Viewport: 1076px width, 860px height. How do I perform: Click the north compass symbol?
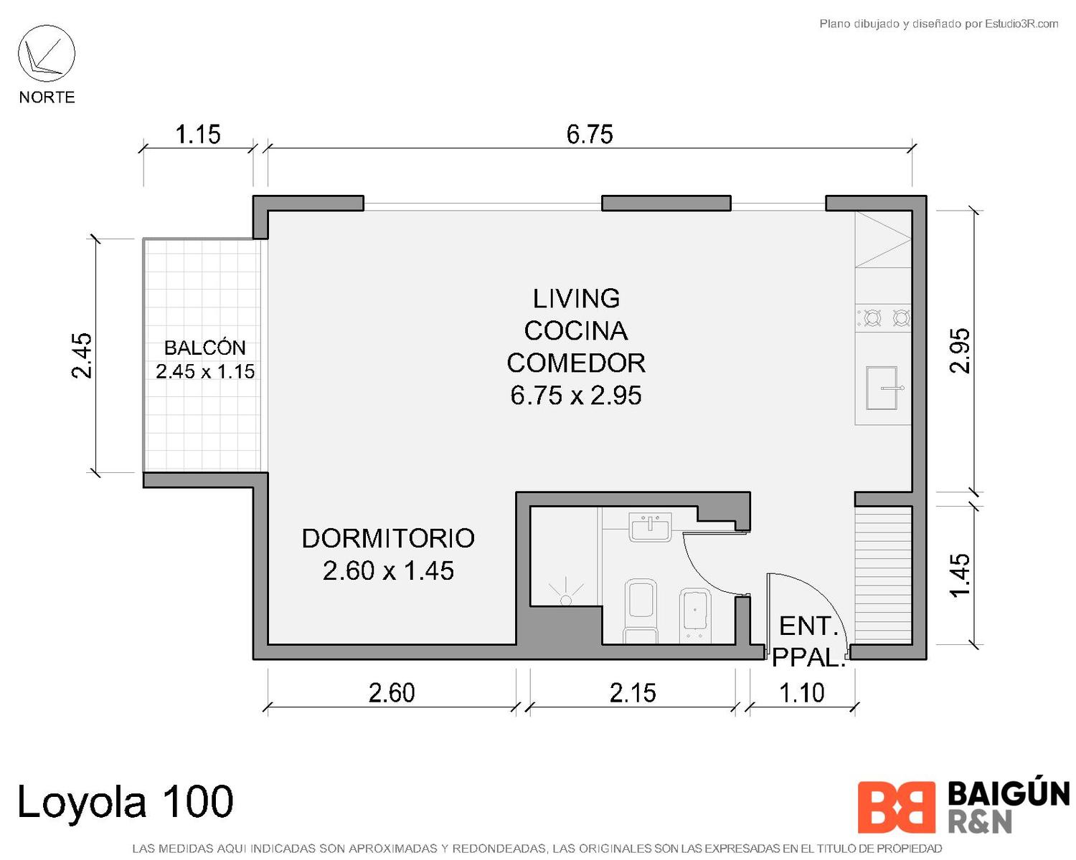47,54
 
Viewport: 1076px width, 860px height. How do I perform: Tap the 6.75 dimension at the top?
590,135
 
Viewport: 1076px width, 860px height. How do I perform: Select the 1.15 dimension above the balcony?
198,135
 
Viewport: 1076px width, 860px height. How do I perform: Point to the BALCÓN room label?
205,348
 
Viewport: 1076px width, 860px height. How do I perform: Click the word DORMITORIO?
388,538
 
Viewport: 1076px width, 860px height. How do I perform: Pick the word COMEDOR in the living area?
576,363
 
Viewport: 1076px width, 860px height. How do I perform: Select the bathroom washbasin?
651,527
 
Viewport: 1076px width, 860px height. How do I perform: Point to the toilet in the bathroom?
640,611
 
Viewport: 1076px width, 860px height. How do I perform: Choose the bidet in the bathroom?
695,615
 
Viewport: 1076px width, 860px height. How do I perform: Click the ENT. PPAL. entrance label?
808,642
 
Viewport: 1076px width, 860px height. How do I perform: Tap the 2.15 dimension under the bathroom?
633,693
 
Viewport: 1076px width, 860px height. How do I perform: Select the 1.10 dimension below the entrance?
801,693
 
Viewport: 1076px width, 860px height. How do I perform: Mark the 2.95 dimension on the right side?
960,350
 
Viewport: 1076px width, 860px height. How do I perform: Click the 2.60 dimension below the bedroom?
392,693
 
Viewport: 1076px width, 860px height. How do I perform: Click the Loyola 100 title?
126,801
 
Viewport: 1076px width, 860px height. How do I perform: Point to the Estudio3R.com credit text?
938,24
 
